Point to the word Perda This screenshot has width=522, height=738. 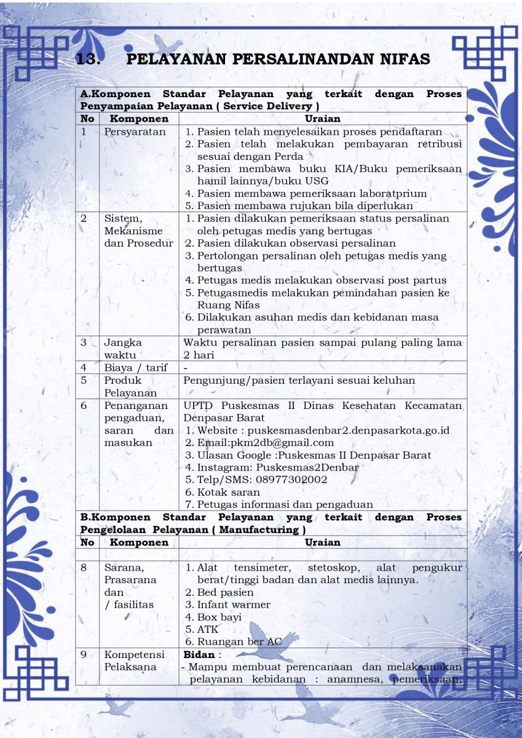coord(289,156)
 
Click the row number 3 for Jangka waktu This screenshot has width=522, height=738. coord(84,343)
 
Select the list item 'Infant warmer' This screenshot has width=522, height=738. coord(234,605)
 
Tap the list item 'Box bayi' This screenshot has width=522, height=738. coord(219,617)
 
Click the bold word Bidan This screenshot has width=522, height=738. coord(199,654)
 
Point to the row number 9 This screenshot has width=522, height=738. coord(84,654)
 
